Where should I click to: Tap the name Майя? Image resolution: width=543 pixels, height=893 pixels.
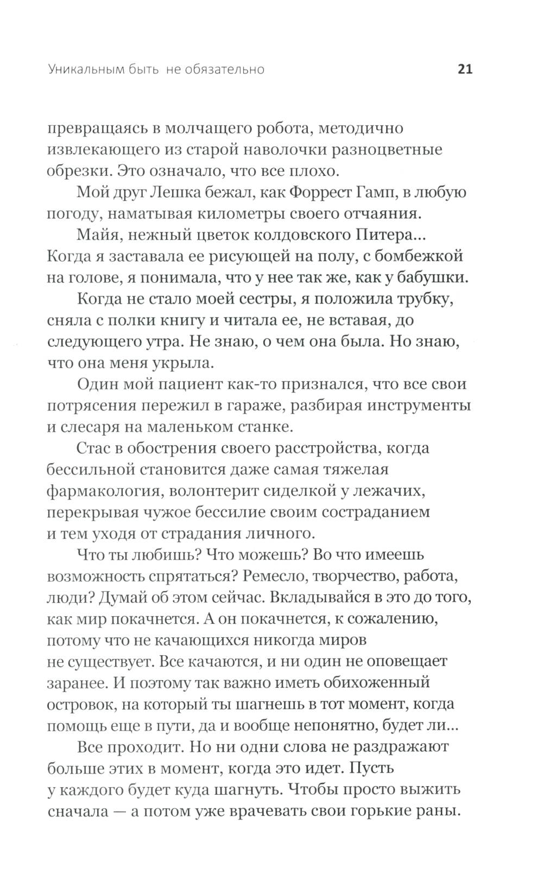click(98, 235)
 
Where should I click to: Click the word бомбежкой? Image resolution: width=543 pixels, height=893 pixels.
click(423, 256)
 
